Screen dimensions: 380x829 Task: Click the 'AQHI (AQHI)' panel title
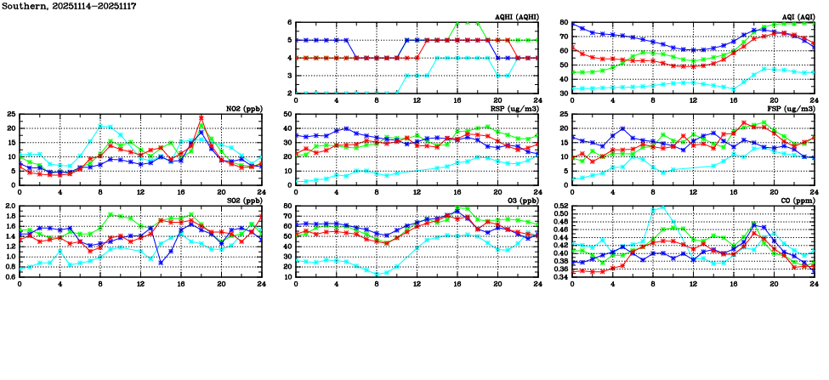516,17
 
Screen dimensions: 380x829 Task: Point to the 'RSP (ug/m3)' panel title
516,109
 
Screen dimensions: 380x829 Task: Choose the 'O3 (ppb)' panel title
520,201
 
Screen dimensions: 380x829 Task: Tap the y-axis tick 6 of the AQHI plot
289,23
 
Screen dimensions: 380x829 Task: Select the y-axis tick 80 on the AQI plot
564,23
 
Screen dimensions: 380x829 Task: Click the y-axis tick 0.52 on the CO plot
559,207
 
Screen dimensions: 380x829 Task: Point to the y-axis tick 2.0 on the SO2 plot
9,207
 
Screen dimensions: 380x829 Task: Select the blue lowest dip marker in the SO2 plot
161,263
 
